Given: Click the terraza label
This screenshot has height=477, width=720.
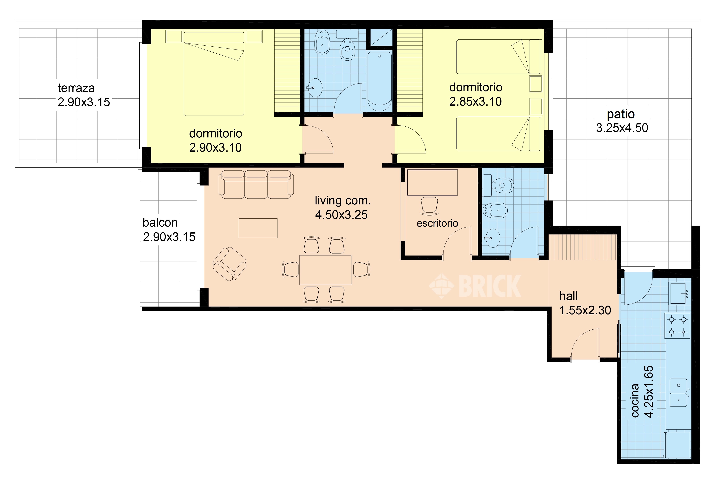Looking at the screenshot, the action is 76,88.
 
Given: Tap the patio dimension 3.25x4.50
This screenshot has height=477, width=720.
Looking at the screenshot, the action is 622,128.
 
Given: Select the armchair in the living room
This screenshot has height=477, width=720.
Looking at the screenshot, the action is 229,264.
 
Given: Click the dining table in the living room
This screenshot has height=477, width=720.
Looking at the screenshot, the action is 325,269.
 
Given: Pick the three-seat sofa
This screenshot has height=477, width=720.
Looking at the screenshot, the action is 256,184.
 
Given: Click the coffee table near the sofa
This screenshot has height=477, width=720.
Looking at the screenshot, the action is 258,228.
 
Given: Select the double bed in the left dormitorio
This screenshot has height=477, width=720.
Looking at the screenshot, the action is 214,73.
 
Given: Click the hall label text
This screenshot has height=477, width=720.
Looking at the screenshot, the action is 569,296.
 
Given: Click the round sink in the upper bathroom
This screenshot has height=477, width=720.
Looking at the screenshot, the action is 315,88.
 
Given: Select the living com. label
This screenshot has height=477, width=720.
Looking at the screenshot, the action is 343,201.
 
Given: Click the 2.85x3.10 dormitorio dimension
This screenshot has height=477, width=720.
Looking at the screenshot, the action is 476,102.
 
